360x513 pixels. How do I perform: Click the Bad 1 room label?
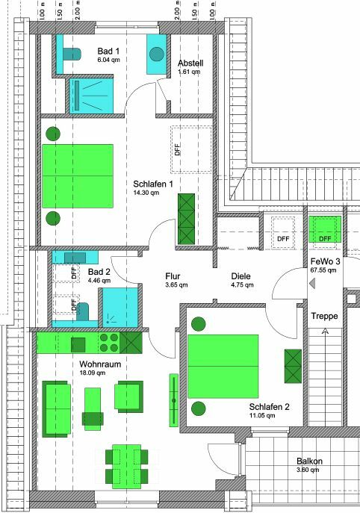109,51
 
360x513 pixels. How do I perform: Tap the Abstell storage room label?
190,63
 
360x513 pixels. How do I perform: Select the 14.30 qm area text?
146,193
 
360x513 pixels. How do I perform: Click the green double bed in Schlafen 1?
78,176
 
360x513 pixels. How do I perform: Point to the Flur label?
173,276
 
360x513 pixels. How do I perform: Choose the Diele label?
240,276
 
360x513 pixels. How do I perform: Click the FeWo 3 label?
326,261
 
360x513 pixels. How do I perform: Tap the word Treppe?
325,317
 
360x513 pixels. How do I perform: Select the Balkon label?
309,461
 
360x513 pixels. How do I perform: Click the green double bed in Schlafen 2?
223,366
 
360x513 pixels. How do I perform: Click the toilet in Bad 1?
71,53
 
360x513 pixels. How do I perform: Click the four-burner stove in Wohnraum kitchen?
108,343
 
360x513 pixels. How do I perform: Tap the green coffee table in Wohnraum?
93,408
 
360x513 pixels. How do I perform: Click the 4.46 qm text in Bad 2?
99,282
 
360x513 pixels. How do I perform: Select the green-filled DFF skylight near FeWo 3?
325,230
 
